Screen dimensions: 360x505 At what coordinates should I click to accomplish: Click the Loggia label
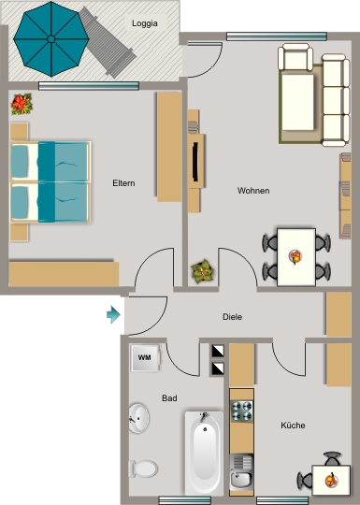[x=145, y=23]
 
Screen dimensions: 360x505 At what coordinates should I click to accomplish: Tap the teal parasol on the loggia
[x=50, y=39]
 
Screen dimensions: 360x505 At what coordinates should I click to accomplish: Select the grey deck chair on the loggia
[x=108, y=43]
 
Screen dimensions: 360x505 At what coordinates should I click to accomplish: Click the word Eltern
[x=123, y=183]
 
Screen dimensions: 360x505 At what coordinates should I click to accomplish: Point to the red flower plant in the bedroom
[x=22, y=104]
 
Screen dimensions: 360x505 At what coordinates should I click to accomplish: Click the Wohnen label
[x=253, y=191]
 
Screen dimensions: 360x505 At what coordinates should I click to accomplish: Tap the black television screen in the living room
[x=195, y=161]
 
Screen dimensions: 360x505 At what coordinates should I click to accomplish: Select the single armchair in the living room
[x=295, y=57]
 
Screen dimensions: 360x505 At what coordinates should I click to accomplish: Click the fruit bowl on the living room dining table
[x=295, y=256]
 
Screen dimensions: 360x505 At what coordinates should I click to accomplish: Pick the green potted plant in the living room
[x=202, y=271]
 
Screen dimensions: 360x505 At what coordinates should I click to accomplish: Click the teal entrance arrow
[x=113, y=314]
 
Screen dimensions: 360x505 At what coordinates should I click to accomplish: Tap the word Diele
[x=232, y=317]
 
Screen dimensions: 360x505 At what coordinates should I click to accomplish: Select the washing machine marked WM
[x=145, y=358]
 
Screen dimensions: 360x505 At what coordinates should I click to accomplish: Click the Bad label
[x=169, y=398]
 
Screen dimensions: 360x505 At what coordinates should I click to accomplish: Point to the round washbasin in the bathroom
[x=138, y=418]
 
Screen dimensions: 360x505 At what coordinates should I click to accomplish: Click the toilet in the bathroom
[x=143, y=469]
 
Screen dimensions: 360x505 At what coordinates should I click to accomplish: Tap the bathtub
[x=204, y=454]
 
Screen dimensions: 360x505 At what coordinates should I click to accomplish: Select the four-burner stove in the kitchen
[x=242, y=411]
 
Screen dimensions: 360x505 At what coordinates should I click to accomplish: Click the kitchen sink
[x=241, y=472]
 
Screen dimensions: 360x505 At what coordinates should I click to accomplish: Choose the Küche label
[x=293, y=426]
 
